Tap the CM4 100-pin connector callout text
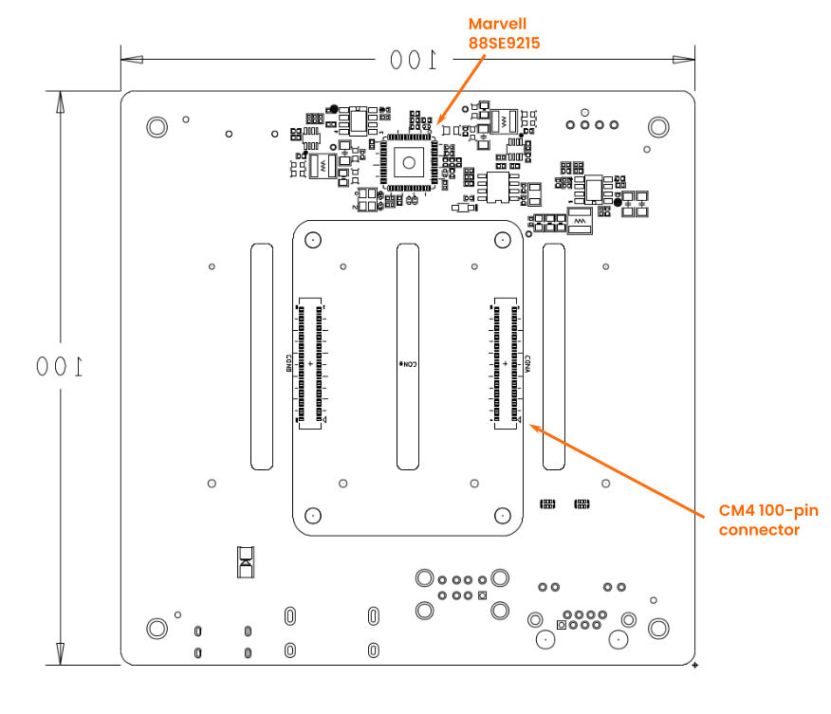click(x=767, y=520)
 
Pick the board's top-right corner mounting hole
click(x=657, y=126)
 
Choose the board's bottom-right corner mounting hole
click(x=657, y=628)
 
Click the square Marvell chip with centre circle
click(x=408, y=162)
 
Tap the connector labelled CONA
click(x=507, y=364)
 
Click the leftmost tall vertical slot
click(x=262, y=356)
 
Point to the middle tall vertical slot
click(x=408, y=356)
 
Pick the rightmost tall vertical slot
click(x=553, y=356)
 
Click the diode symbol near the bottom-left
click(x=246, y=561)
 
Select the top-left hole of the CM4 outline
click(x=312, y=240)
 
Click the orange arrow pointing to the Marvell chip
click(x=459, y=90)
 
